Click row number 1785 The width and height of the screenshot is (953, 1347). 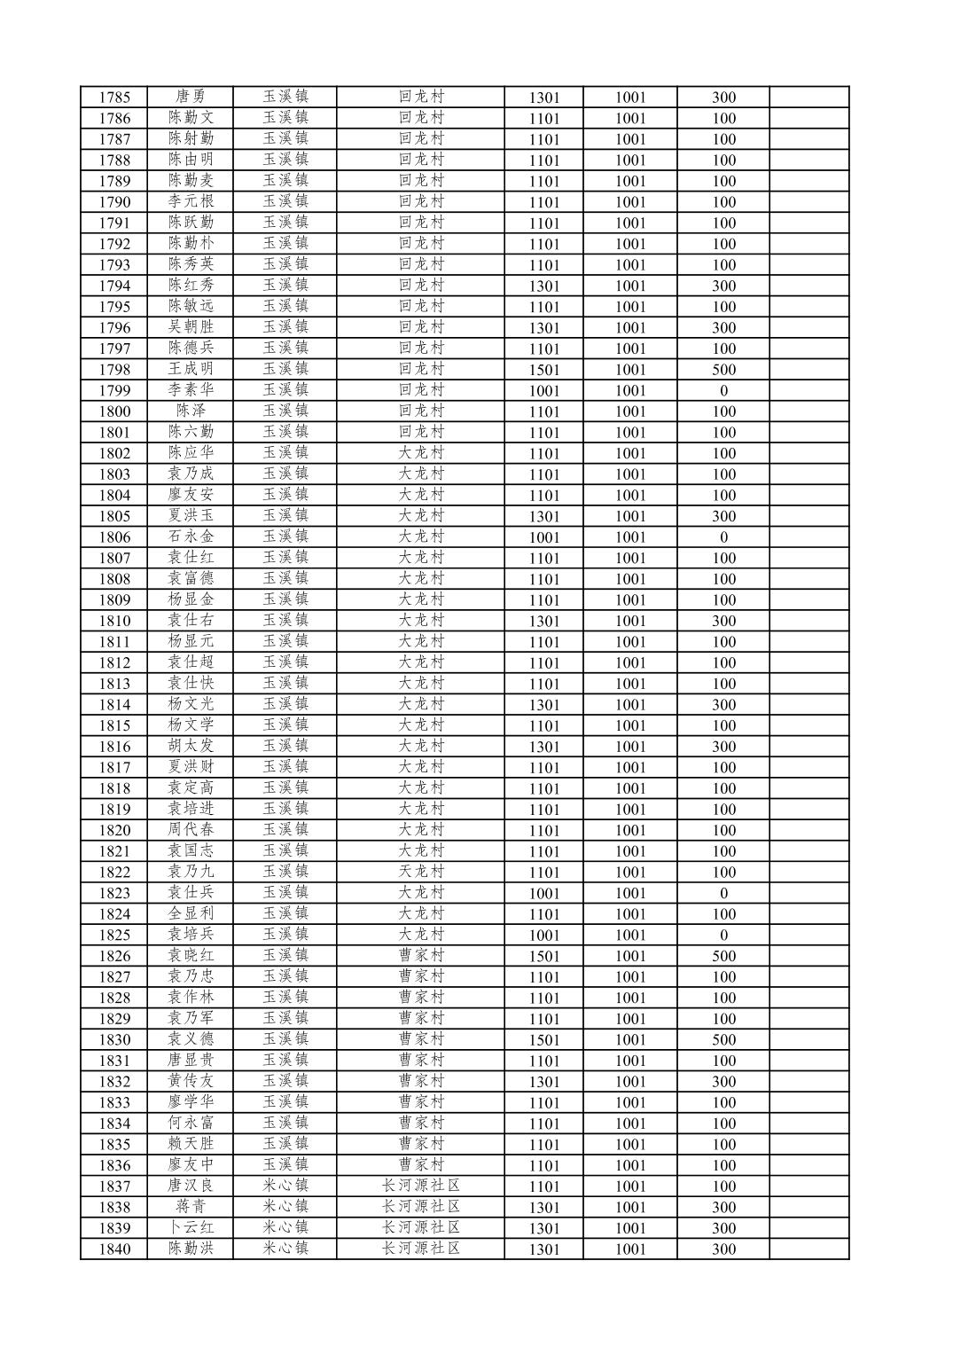click(x=114, y=98)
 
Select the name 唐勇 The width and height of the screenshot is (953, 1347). click(x=191, y=97)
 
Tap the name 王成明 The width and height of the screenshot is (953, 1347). click(x=191, y=369)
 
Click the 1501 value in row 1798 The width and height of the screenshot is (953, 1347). click(x=544, y=370)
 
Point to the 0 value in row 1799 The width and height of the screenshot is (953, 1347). click(x=723, y=391)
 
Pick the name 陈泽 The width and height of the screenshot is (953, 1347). click(x=191, y=411)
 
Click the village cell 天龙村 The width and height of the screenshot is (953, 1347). click(x=420, y=872)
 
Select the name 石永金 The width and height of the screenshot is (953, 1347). click(x=191, y=536)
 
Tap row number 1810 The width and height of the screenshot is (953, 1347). click(x=114, y=621)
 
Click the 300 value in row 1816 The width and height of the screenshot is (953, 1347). click(x=723, y=747)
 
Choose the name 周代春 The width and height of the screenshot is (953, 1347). click(x=191, y=830)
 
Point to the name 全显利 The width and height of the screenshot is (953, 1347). click(x=191, y=913)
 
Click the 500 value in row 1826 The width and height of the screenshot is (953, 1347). click(x=723, y=956)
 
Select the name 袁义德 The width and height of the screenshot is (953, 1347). click(x=191, y=1039)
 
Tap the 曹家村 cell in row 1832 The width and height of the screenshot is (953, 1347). click(x=420, y=1081)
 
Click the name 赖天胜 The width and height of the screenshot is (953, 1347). click(x=191, y=1144)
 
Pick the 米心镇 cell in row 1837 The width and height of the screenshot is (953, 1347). click(x=285, y=1186)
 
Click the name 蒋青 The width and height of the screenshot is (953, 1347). click(x=191, y=1207)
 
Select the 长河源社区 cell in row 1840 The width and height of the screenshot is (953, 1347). click(x=420, y=1249)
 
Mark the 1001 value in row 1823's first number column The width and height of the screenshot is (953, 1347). click(x=544, y=894)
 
